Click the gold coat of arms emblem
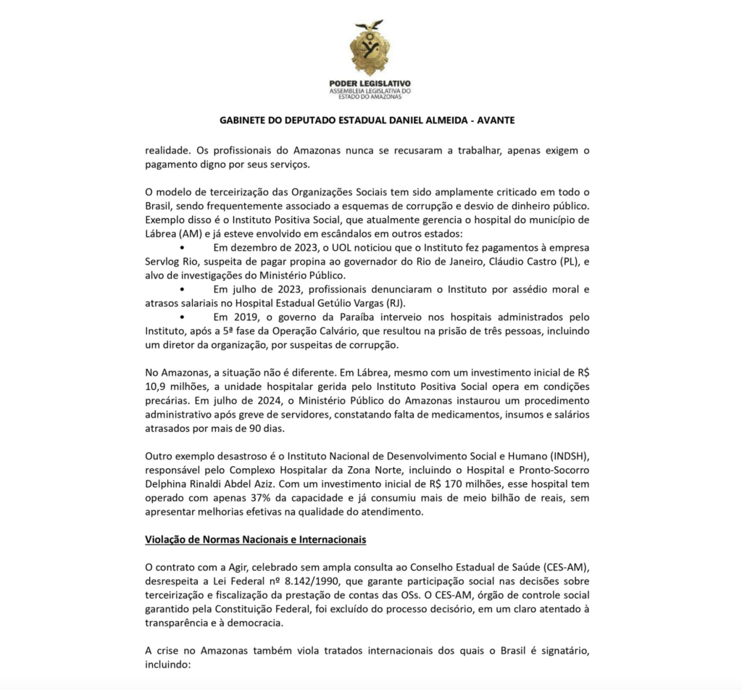point(370,49)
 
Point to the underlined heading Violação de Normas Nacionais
point(255,540)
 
